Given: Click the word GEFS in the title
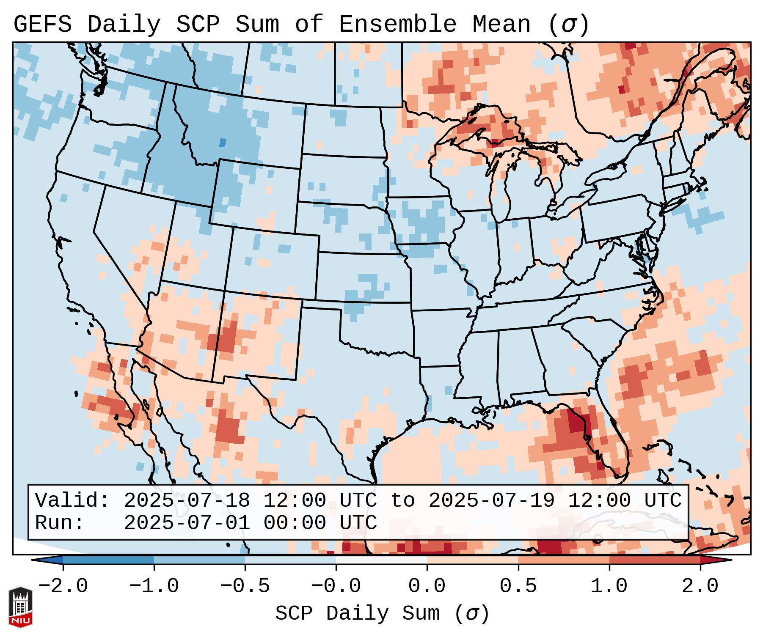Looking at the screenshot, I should click(x=43, y=24).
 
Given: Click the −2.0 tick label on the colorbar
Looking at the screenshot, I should click(x=63, y=586).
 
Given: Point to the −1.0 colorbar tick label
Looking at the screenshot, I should click(x=154, y=586).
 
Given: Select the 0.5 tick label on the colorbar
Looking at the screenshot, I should click(x=518, y=586).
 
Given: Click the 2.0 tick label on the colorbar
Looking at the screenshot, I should click(x=700, y=586).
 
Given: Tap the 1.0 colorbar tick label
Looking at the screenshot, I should click(x=609, y=586).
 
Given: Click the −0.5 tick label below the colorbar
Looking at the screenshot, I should click(x=245, y=586).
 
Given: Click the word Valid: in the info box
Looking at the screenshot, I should click(x=72, y=500).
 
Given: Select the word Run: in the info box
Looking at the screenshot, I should click(x=60, y=523).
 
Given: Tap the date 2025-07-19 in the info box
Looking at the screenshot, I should click(x=492, y=500).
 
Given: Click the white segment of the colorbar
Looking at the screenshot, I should click(x=381, y=560).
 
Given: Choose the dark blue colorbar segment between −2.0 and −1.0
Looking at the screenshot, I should click(x=108, y=560).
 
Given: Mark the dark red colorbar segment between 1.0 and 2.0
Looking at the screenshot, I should click(x=654, y=560).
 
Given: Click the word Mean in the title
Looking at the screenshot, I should click(x=501, y=24).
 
